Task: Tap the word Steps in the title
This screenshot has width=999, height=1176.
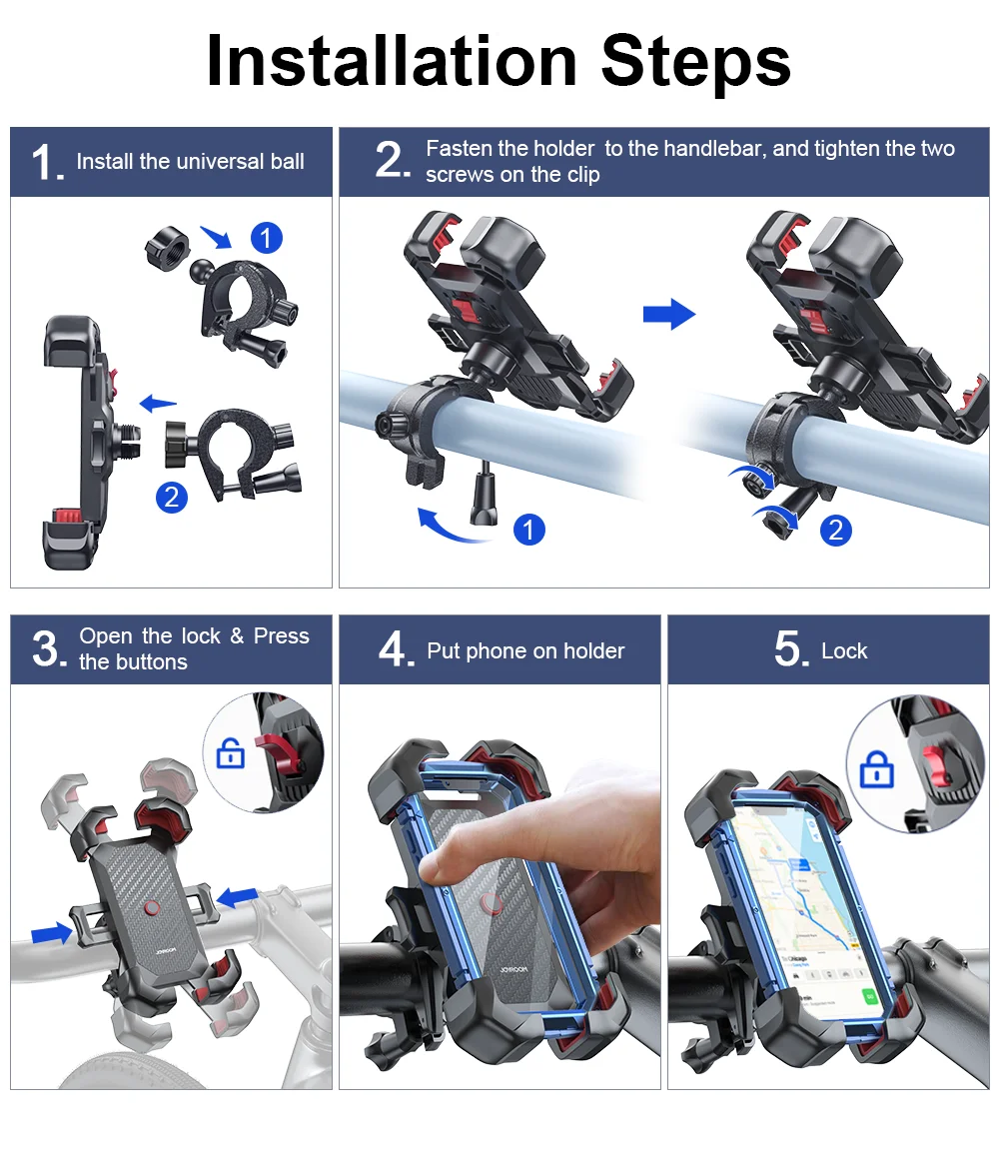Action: (x=696, y=61)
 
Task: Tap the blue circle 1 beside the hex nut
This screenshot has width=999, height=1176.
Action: (x=266, y=238)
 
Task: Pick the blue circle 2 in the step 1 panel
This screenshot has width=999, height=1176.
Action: (x=172, y=497)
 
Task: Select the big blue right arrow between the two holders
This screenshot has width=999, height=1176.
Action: (x=668, y=314)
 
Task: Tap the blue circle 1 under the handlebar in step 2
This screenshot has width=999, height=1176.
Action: (x=529, y=530)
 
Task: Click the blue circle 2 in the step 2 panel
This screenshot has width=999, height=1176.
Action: (x=836, y=530)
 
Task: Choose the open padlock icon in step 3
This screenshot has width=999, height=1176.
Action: (x=230, y=754)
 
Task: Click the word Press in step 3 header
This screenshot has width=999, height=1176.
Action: (x=281, y=636)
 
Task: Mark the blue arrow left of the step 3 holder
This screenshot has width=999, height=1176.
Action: (x=52, y=933)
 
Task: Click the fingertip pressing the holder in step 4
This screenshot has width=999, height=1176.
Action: (x=433, y=864)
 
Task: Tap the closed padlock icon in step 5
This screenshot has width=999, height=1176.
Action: (x=876, y=770)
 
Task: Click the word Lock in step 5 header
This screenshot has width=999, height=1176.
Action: (x=844, y=651)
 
